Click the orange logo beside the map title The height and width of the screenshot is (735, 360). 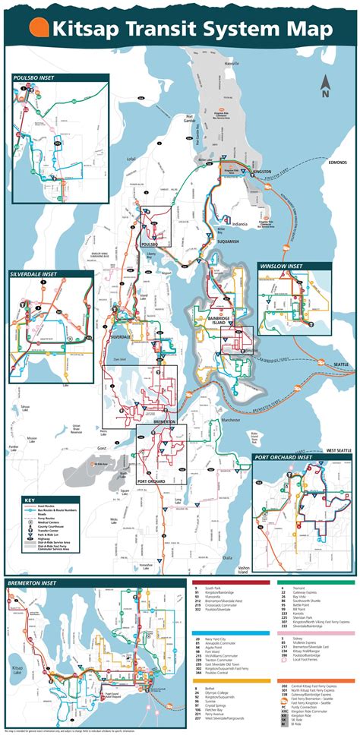tap(39, 28)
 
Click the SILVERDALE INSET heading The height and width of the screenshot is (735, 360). tap(42, 273)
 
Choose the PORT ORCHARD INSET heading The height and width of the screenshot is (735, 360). tap(292, 458)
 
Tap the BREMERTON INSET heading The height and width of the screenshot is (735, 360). tap(34, 582)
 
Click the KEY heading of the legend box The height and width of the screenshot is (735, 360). tap(29, 479)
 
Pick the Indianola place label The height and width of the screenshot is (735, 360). tap(240, 225)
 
